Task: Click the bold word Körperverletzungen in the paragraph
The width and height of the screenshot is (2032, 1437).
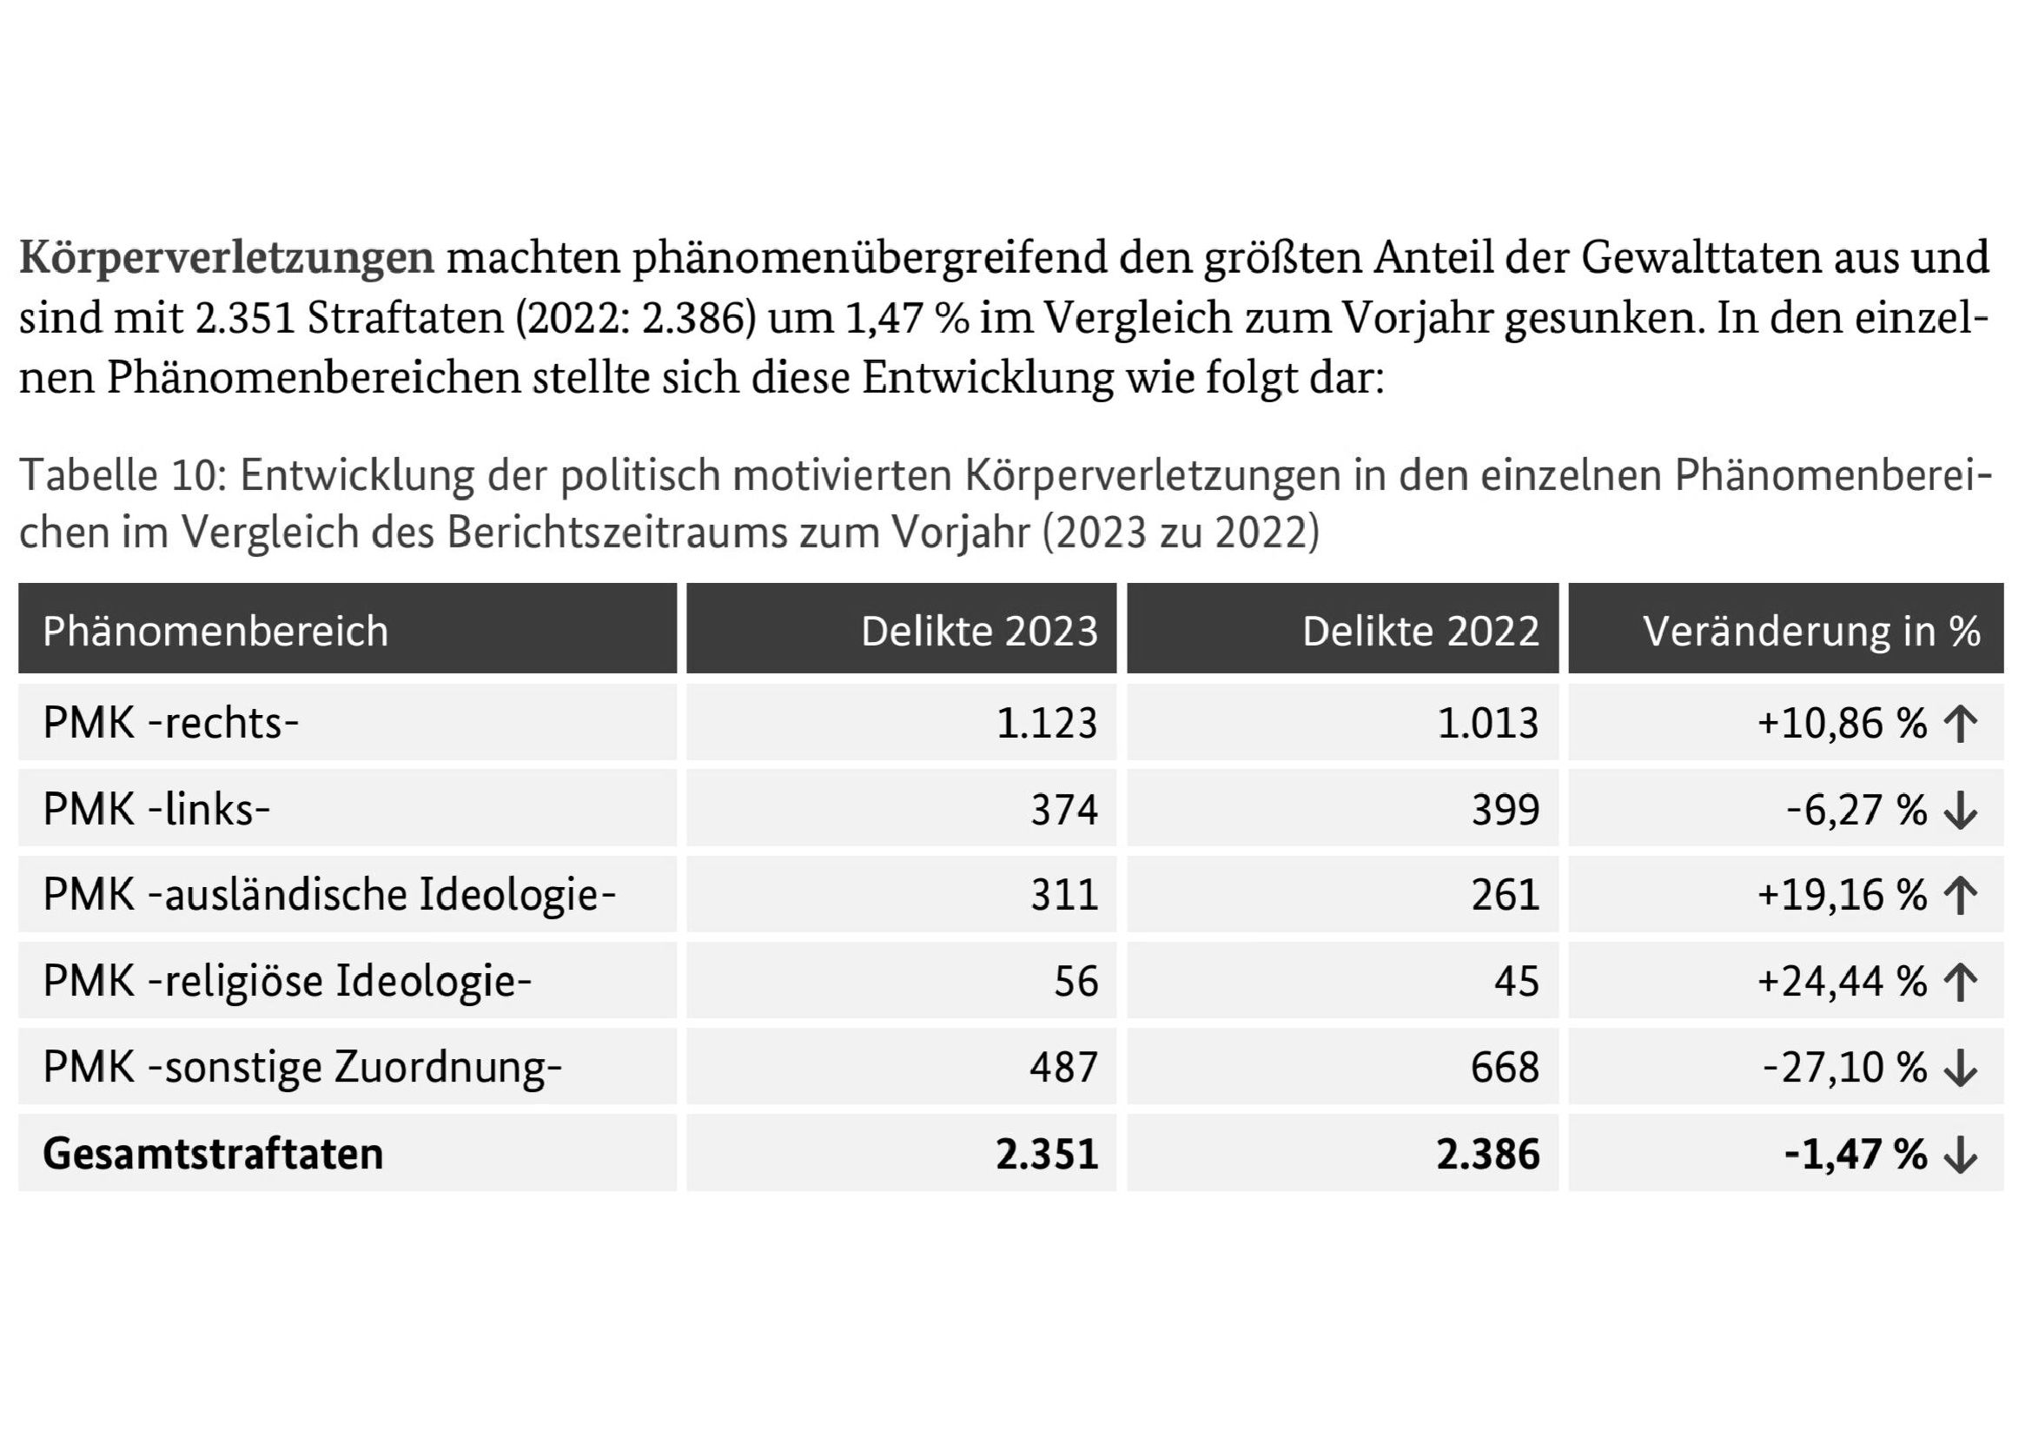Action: (227, 258)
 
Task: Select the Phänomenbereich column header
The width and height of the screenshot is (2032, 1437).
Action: (216, 631)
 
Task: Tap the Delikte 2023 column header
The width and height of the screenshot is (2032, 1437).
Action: (979, 631)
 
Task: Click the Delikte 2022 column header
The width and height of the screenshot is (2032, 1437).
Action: (1420, 631)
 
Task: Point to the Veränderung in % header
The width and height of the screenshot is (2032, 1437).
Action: (1811, 631)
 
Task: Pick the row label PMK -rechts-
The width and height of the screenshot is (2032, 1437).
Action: (171, 723)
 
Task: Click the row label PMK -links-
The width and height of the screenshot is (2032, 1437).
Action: (156, 809)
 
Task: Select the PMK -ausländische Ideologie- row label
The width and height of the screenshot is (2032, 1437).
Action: (329, 895)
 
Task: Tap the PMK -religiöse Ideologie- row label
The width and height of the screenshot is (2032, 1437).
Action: (287, 981)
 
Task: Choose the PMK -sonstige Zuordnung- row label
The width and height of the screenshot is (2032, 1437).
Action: (302, 1067)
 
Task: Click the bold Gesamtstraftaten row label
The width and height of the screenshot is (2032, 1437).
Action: (214, 1154)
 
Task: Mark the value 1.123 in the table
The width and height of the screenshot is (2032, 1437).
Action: (1047, 723)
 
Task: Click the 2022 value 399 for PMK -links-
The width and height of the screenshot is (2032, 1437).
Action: (1506, 810)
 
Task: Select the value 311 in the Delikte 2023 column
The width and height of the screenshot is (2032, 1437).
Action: (1065, 896)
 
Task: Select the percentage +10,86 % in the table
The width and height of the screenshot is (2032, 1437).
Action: (1842, 723)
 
